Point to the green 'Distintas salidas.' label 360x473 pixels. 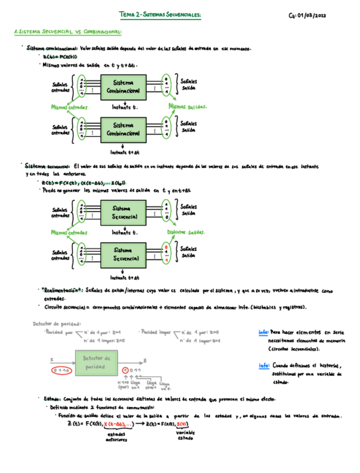(x=186, y=232)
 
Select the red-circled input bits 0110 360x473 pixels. (x=60, y=370)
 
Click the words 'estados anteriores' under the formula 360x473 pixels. (x=116, y=436)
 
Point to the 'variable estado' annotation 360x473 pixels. (x=185, y=435)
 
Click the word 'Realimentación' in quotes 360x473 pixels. (x=62, y=291)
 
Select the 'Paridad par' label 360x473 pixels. (x=59, y=332)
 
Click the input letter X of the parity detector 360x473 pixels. (x=51, y=360)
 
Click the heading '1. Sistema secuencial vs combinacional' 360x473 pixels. (x=67, y=32)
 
